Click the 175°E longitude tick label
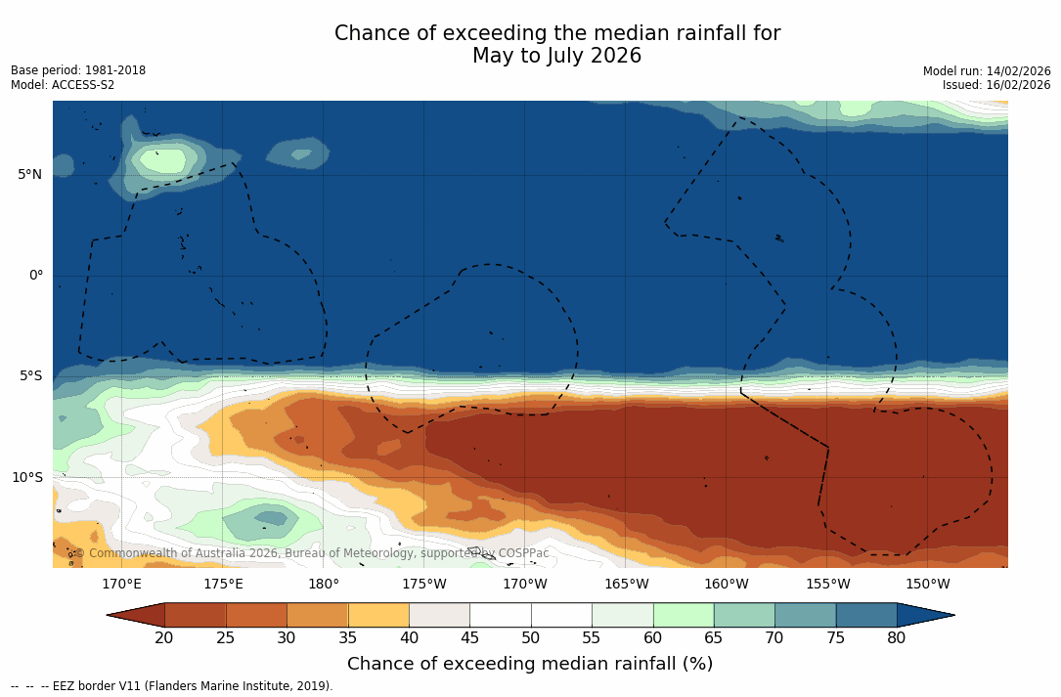[x=223, y=585]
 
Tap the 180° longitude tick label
[x=324, y=585]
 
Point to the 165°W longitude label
[x=626, y=585]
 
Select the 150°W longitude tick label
[x=928, y=585]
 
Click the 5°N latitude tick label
[x=29, y=175]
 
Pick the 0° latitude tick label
[x=35, y=276]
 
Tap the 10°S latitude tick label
[x=26, y=478]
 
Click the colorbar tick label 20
[x=164, y=638]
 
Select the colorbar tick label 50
[x=530, y=638]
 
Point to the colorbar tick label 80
[x=896, y=638]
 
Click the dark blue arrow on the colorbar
[x=923, y=615]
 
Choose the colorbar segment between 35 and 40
[x=378, y=615]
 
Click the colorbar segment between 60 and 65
[x=684, y=615]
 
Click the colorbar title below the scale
[x=530, y=665]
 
